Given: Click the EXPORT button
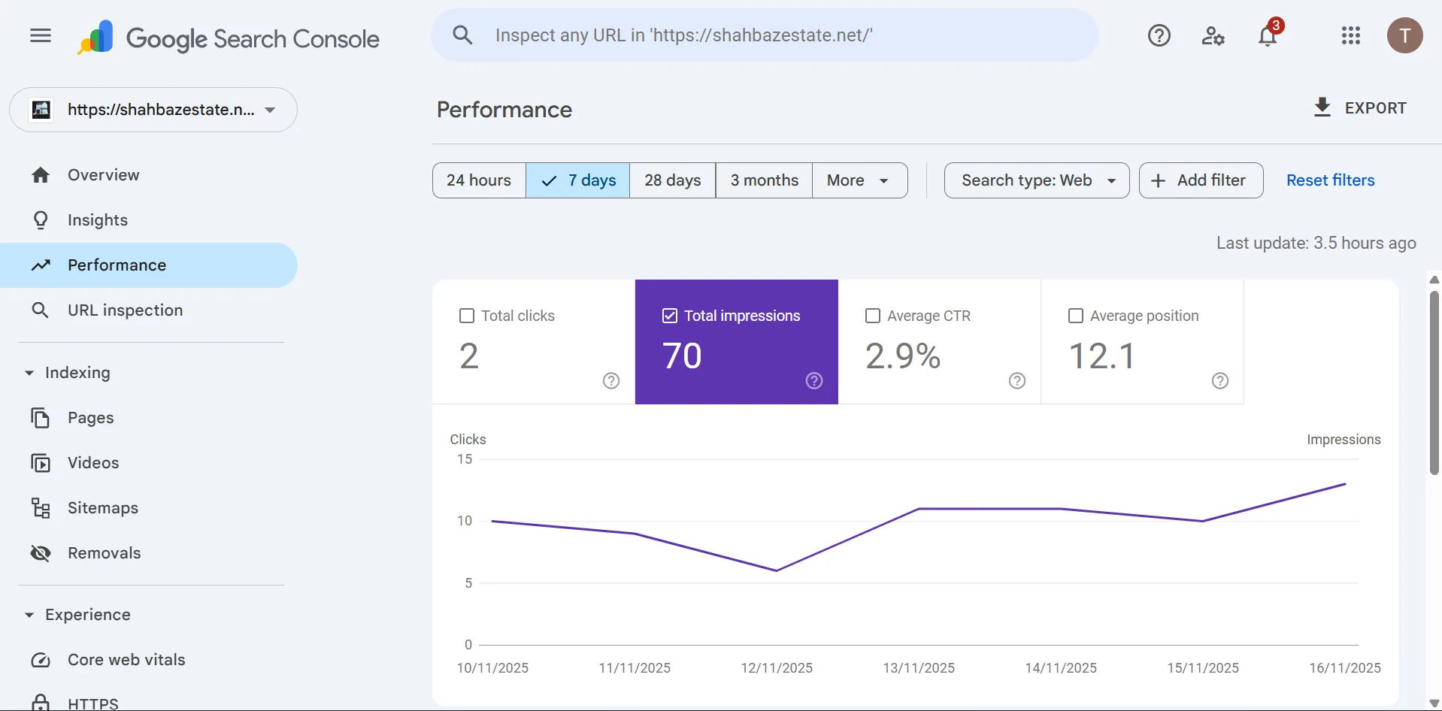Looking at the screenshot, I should (1359, 108).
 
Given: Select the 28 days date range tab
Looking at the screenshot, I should (672, 180).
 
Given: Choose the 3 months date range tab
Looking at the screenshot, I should (764, 180).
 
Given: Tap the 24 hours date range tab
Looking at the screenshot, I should (478, 180).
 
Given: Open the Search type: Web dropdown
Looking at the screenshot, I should (1036, 180).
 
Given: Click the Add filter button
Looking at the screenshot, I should (1201, 180).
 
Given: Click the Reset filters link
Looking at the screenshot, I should (1330, 180).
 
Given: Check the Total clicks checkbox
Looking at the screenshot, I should (467, 316).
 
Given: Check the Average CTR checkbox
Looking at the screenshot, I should (873, 316).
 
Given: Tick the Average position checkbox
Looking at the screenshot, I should (1076, 316).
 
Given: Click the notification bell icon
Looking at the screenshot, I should (1268, 35).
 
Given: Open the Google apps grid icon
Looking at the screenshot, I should (1350, 35).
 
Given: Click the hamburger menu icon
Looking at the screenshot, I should (41, 35).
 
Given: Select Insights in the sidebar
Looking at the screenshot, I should (97, 220).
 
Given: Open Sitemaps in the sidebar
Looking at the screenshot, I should (102, 508).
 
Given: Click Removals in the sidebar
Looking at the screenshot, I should (104, 553).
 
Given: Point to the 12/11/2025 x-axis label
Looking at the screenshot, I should (777, 667).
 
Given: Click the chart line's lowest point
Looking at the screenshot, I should (777, 570).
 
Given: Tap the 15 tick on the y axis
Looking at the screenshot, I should (465, 459).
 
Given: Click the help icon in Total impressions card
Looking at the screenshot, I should (814, 381).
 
